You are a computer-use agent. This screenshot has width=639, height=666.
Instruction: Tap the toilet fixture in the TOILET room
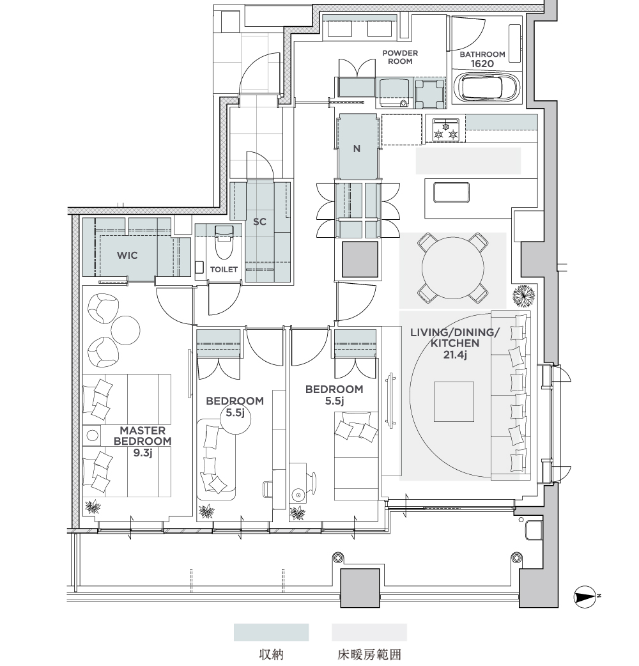click(x=224, y=242)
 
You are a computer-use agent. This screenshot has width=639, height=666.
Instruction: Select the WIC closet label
click(x=127, y=255)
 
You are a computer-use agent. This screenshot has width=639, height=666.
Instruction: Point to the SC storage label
click(x=259, y=221)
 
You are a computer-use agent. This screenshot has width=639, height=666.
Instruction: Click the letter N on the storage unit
click(x=357, y=149)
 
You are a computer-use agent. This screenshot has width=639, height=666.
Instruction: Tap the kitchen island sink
click(x=451, y=192)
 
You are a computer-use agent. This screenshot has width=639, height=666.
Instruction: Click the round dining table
click(x=452, y=268)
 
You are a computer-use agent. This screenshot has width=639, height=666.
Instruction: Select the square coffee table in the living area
click(x=454, y=401)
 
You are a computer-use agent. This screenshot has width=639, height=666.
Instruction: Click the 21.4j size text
click(x=455, y=354)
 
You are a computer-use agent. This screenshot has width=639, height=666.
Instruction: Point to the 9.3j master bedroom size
click(x=142, y=453)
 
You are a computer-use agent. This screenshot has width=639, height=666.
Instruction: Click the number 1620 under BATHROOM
click(x=482, y=64)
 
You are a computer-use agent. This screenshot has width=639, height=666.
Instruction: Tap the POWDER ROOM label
click(x=400, y=57)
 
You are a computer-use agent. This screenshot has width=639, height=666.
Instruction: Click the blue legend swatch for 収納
click(x=272, y=632)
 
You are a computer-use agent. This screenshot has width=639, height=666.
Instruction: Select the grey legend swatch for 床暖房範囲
click(x=369, y=632)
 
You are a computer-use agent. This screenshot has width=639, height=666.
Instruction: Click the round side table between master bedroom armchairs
click(x=125, y=330)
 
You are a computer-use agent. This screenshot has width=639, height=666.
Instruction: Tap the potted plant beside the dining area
click(x=523, y=295)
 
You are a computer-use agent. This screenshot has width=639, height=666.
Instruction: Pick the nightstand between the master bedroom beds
click(x=92, y=435)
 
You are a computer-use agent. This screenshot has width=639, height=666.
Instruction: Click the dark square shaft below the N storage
click(x=360, y=259)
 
